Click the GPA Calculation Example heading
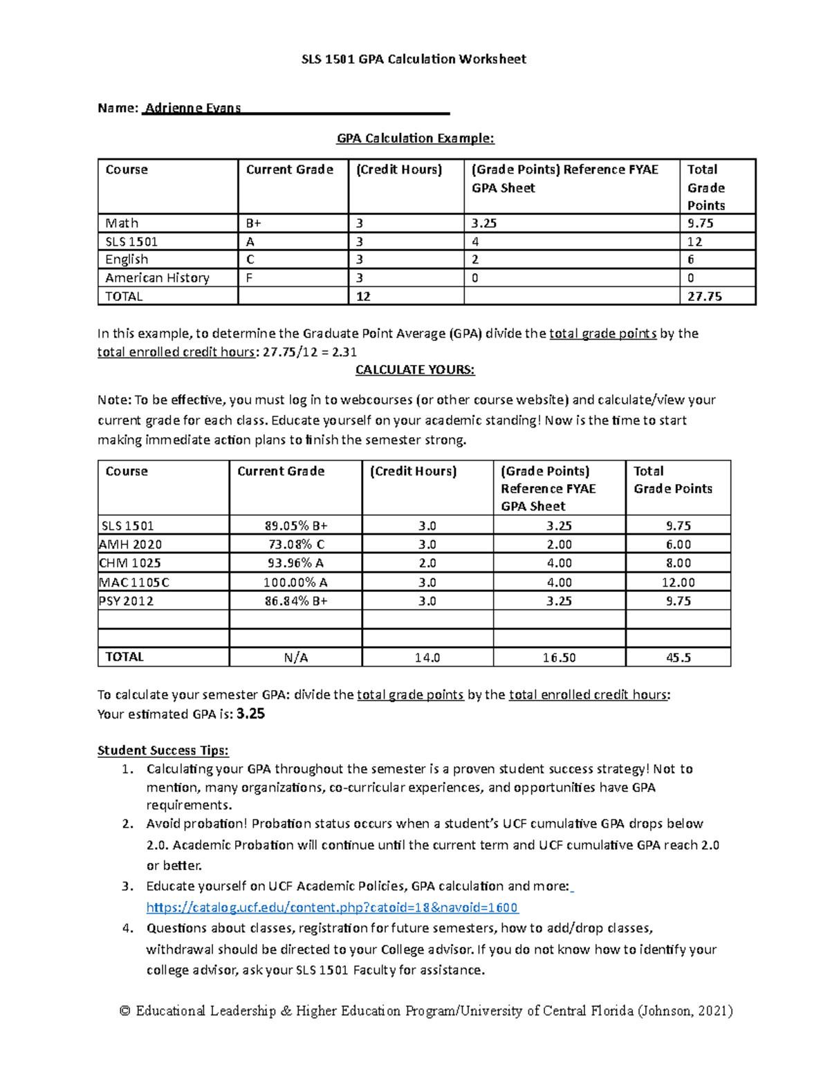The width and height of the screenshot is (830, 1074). coord(415,138)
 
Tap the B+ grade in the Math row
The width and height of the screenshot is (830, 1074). coord(254,223)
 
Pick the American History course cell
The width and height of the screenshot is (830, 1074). coord(157,278)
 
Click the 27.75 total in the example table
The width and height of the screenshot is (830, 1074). coord(704,296)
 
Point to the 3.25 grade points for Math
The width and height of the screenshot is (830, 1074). coord(484,223)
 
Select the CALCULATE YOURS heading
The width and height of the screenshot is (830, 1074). coord(415,370)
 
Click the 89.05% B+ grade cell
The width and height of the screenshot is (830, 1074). coord(295,526)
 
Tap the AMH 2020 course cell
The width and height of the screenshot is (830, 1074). coord(131,545)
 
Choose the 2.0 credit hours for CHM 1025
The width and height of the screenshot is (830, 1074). coord(427,564)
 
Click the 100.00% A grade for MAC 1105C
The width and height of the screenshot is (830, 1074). coord(295,583)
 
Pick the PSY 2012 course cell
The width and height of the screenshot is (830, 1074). coord(127,602)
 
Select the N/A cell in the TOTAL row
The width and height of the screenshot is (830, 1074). coord(295,658)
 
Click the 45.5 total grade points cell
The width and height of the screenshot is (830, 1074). coord(678,658)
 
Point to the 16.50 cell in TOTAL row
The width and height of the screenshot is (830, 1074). coord(559,658)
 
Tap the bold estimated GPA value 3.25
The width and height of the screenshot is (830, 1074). coord(250,714)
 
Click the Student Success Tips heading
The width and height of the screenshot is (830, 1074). coord(163,750)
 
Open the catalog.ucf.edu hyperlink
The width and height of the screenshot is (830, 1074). coord(332,907)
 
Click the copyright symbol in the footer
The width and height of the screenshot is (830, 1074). coord(124,1011)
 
